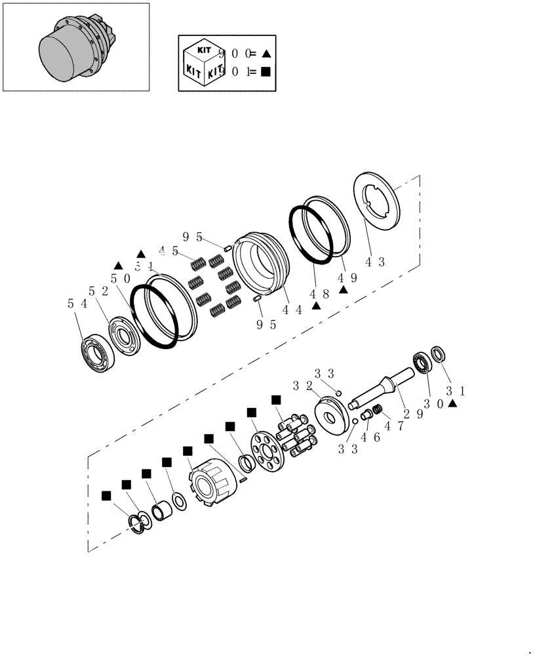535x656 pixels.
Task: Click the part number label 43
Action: click(x=374, y=262)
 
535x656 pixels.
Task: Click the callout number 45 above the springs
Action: click(x=168, y=251)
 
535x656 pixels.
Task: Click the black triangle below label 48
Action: click(x=315, y=304)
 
